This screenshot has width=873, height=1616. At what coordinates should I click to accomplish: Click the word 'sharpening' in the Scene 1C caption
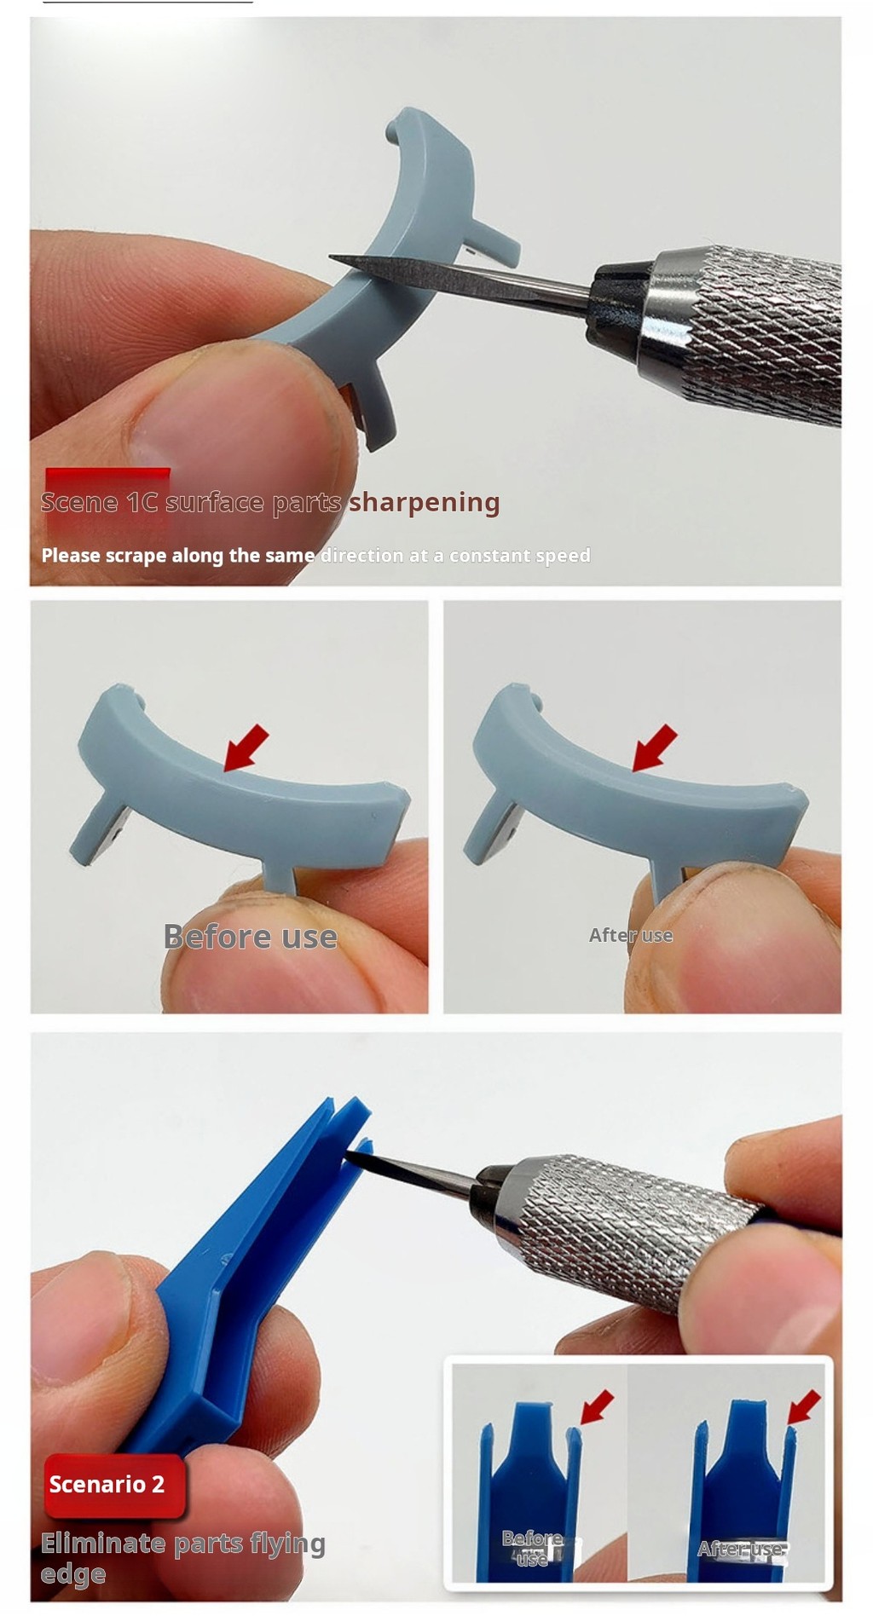424,502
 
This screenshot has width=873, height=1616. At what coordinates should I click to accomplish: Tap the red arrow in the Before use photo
246,747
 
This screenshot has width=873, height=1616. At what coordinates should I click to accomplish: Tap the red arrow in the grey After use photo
655,747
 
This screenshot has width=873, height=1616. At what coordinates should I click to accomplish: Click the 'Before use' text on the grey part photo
250,937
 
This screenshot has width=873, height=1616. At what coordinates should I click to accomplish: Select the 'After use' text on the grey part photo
631,935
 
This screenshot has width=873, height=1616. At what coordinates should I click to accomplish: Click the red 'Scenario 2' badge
107,1484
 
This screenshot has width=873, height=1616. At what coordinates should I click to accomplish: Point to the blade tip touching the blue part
350,1155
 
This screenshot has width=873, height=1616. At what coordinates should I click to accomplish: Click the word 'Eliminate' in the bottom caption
103,1544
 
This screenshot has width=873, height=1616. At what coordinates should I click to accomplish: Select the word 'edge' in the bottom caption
73,1574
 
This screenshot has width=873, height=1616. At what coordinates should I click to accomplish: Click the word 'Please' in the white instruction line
71,556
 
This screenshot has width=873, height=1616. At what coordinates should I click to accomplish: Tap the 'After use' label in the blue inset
740,1549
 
